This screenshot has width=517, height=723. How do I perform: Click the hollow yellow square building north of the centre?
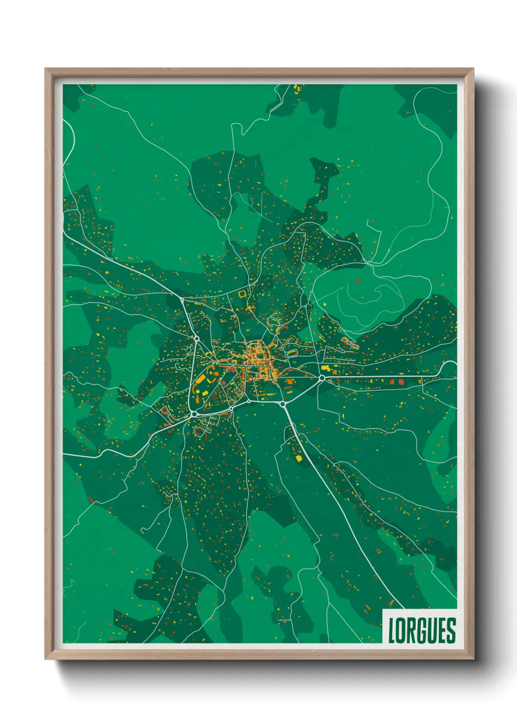(242, 294)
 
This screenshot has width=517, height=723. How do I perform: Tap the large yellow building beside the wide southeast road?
(299, 458)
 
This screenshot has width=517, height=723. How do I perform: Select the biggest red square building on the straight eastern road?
(401, 382)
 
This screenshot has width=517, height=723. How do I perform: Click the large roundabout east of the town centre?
(322, 378)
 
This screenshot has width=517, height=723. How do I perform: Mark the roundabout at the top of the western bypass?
(196, 338)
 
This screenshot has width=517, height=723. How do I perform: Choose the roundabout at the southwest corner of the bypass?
(194, 414)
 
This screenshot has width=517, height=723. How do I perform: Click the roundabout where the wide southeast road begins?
(282, 404)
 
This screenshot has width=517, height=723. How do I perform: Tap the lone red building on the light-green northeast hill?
(357, 281)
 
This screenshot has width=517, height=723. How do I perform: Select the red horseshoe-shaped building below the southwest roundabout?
(199, 432)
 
